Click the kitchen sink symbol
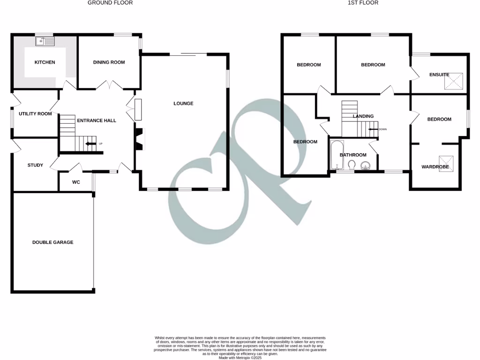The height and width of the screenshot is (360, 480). click(45, 42)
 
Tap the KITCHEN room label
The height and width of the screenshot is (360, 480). click(45, 62)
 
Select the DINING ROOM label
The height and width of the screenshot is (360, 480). click(109, 62)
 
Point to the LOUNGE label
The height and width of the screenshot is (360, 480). click(183, 104)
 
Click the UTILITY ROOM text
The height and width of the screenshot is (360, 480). click(35, 114)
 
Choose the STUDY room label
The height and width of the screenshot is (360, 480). click(35, 165)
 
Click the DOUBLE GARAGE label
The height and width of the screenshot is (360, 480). click(52, 242)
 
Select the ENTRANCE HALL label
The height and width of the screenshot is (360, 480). click(97, 120)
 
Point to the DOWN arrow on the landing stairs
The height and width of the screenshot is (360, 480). click(374, 129)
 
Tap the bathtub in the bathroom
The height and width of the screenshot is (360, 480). click(336, 155)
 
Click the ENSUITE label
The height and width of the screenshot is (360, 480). click(439, 75)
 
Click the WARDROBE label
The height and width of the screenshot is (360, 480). click(435, 167)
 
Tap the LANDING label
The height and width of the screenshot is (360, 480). click(363, 116)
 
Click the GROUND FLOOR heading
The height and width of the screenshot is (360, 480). click(110, 3)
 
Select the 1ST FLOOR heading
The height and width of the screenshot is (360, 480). click(363, 3)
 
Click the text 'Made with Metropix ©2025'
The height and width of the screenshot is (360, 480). click(240, 358)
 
